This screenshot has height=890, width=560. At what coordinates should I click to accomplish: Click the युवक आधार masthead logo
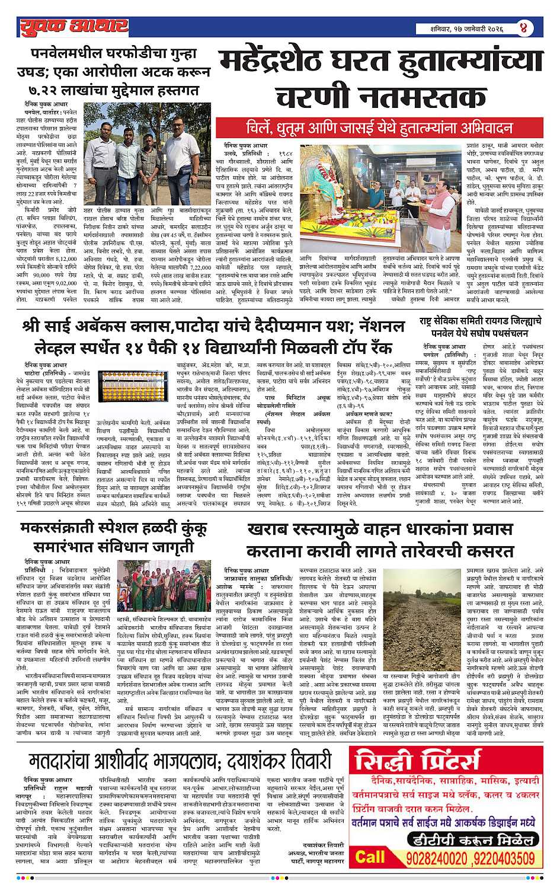pyautogui.click(x=72, y=27)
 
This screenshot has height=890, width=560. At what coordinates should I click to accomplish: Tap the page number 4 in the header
pyautogui.click(x=524, y=28)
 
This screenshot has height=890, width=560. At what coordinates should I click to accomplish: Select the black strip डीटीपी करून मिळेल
pyautogui.click(x=465, y=839)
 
